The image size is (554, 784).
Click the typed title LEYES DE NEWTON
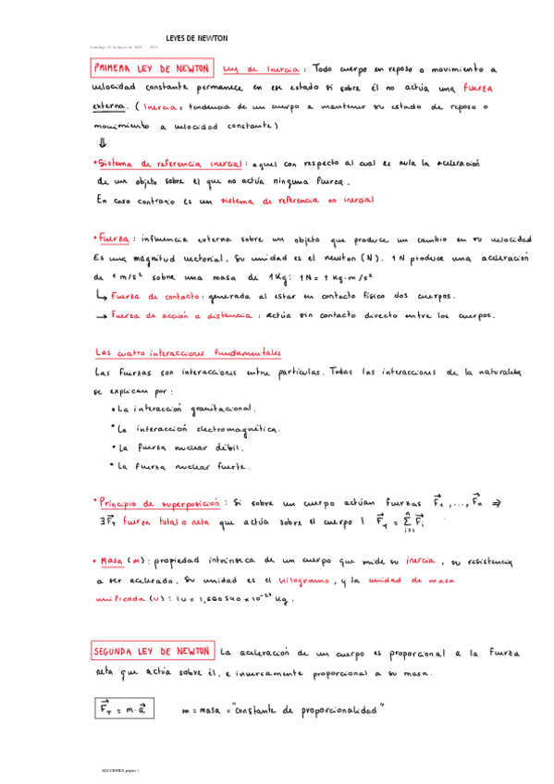[x=195, y=38]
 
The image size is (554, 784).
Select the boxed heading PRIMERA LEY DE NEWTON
[x=153, y=69]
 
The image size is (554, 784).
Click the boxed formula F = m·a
[x=126, y=709]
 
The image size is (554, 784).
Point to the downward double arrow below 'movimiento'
[x=102, y=143]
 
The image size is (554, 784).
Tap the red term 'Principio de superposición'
[x=159, y=505]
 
